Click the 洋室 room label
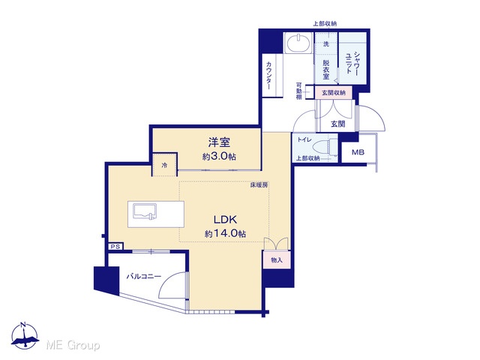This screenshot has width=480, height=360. point(219,142)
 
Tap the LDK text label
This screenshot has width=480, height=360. point(225,220)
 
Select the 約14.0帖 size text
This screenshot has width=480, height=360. point(225,233)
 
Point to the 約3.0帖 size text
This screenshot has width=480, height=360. point(219,157)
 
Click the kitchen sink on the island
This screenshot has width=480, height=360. point(145,211)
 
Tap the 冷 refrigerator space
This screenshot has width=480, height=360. point(165,165)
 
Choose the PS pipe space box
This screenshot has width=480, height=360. point(115,247)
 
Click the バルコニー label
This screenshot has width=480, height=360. point(144,277)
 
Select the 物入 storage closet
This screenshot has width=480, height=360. point(277,260)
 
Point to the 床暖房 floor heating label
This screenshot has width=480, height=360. point(259,185)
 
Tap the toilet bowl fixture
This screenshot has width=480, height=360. point(325,147)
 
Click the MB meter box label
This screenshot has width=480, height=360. point(358,151)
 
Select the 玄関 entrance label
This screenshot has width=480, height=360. point(338,124)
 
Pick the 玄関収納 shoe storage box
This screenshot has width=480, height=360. point(333,92)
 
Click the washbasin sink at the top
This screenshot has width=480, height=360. point(298,43)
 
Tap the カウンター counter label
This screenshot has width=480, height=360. point(268,75)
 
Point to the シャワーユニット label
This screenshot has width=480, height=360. point(353,63)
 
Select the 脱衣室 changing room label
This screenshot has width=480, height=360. point(326,69)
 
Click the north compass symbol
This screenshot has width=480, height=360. point(25,335)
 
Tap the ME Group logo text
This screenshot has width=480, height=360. point(73,345)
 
